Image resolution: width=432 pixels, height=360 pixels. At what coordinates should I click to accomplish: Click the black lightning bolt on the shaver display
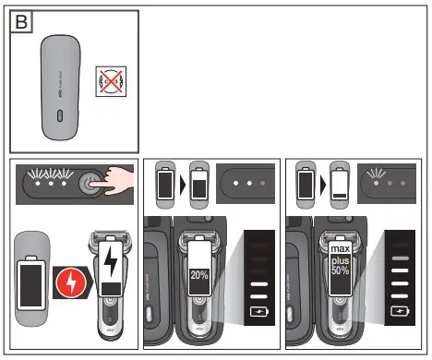pos(112,264)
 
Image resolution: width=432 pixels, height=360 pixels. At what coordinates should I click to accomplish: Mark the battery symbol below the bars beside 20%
pos(261,314)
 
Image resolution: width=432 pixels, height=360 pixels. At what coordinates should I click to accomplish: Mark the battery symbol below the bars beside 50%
pos(400,312)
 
